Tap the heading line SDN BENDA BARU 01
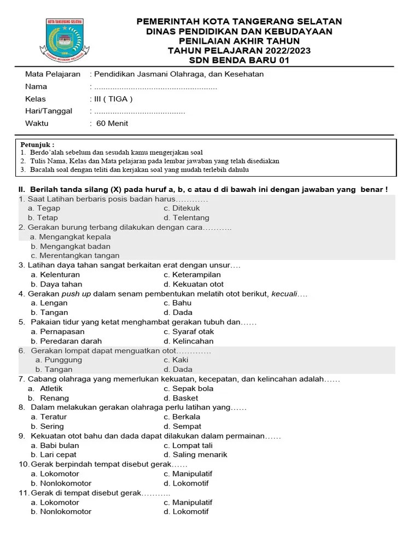239,60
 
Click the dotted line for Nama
155,87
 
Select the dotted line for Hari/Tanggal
139,112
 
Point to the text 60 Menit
112,124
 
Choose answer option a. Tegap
44,208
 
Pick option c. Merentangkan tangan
75,255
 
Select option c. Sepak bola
188,389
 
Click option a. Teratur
49,417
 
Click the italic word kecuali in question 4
286,294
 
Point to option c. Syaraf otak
189,332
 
